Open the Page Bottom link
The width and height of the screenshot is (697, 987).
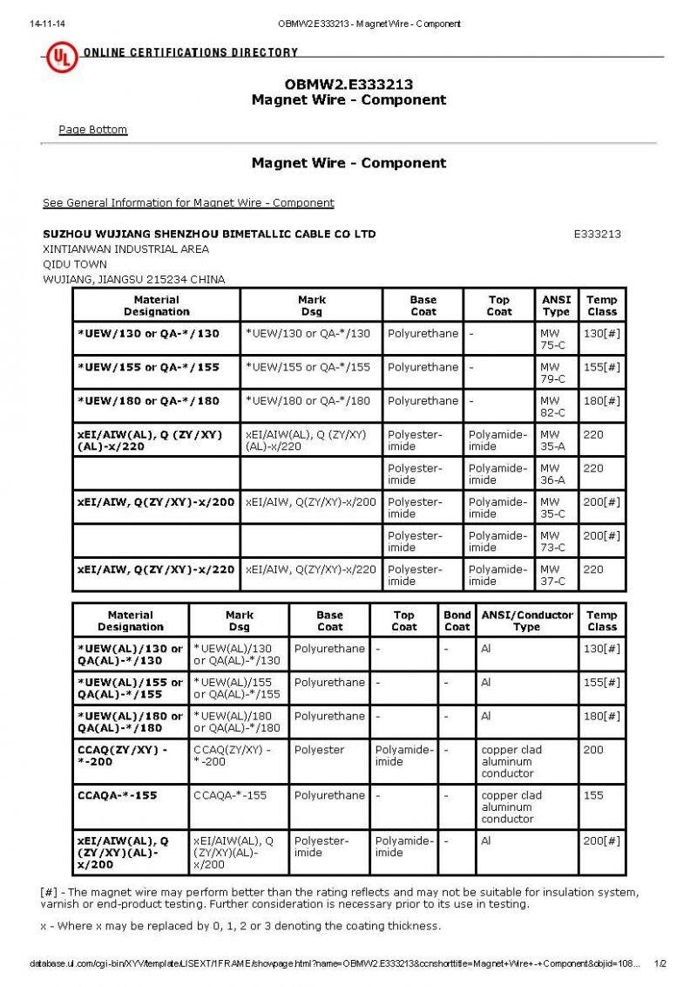pos(92,130)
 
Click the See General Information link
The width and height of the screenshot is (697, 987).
pos(188,203)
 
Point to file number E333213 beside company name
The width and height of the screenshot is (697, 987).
pos(597,234)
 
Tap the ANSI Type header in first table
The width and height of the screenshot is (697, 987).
pos(555,305)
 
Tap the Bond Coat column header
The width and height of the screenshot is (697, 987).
pos(457,620)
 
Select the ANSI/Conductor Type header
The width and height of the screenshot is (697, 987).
pos(526,620)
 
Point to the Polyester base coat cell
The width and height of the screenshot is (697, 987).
pos(319,750)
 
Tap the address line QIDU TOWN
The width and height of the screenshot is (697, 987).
pos(75,264)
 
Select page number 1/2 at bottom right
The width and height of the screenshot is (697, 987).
pos(660,963)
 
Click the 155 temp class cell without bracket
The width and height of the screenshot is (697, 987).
pos(593,795)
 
